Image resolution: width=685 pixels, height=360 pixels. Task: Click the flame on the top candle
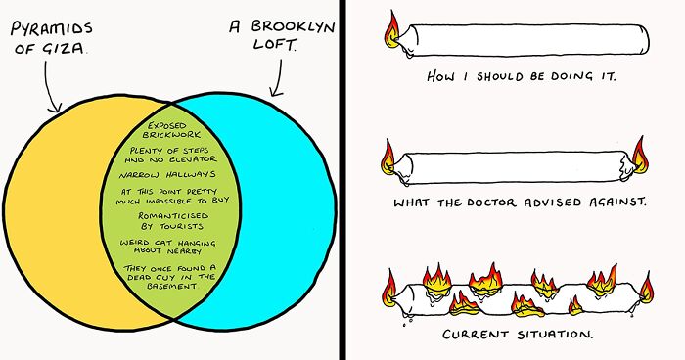pyautogui.click(x=391, y=34)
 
